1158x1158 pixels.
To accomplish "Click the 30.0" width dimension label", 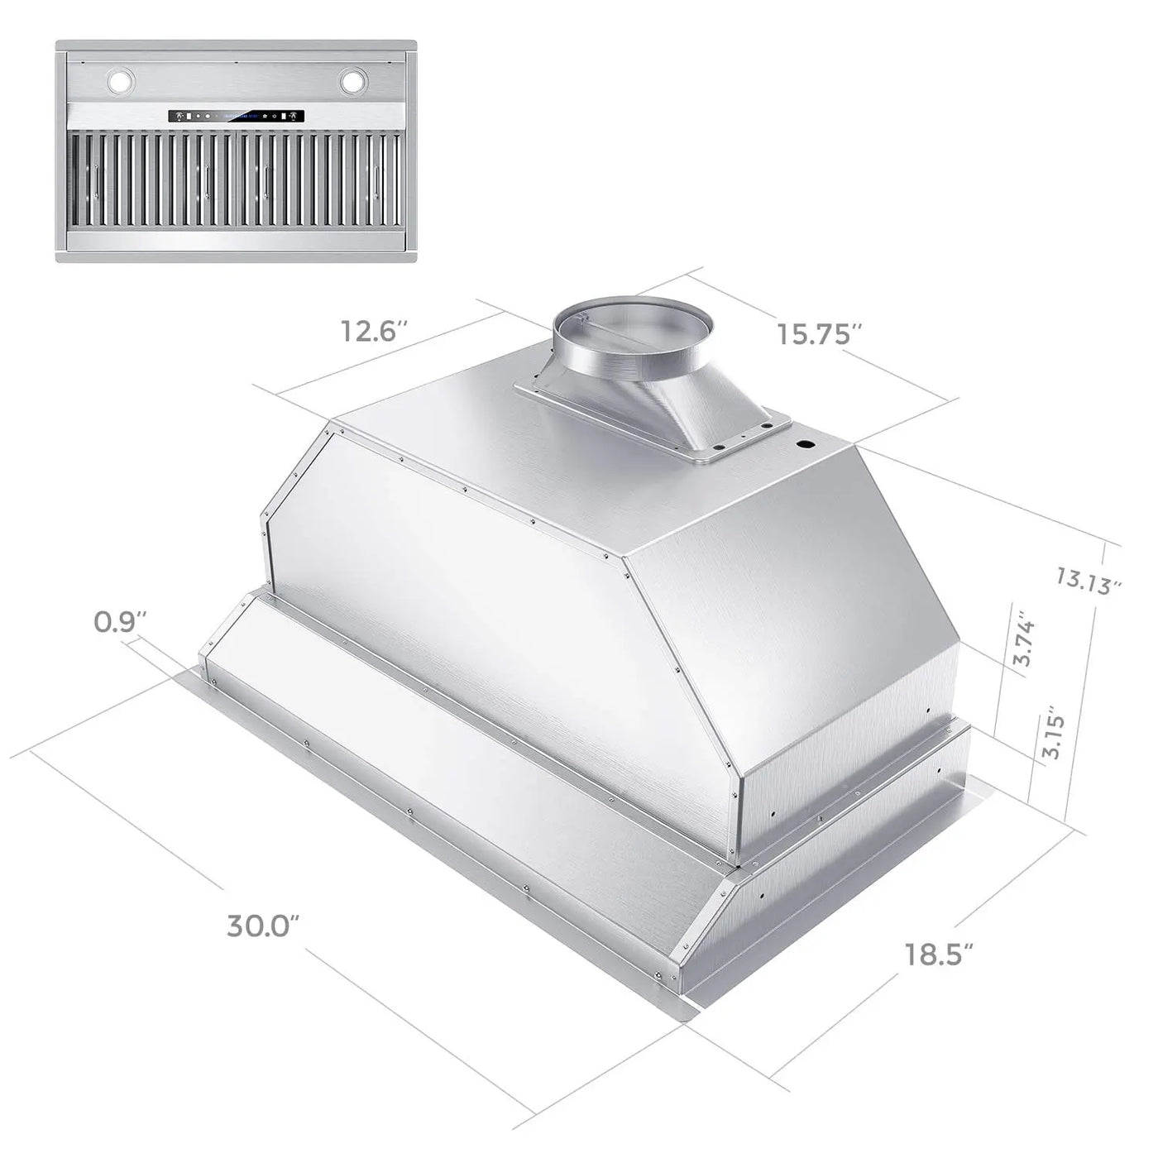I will [261, 926].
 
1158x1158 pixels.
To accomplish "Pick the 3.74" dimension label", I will [1024, 639].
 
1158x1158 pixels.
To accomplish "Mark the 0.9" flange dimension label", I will [120, 620].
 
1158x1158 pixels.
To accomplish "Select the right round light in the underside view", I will [352, 81].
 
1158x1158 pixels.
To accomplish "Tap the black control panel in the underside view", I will [237, 117].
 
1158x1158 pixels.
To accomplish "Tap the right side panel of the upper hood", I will [794, 629].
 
